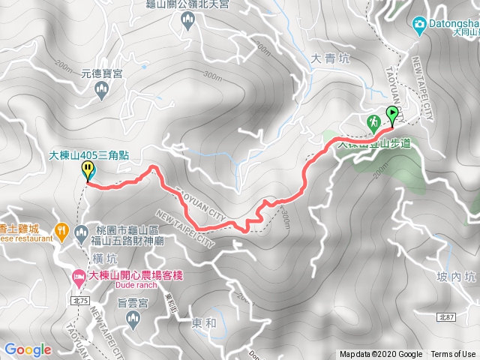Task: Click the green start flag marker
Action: click(x=392, y=115)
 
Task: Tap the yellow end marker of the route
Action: click(x=88, y=169)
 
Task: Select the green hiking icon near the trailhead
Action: click(x=373, y=121)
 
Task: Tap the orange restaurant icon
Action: click(x=62, y=229)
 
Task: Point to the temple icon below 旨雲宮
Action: click(x=134, y=321)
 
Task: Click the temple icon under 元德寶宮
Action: click(x=103, y=91)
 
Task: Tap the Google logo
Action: click(x=28, y=349)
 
